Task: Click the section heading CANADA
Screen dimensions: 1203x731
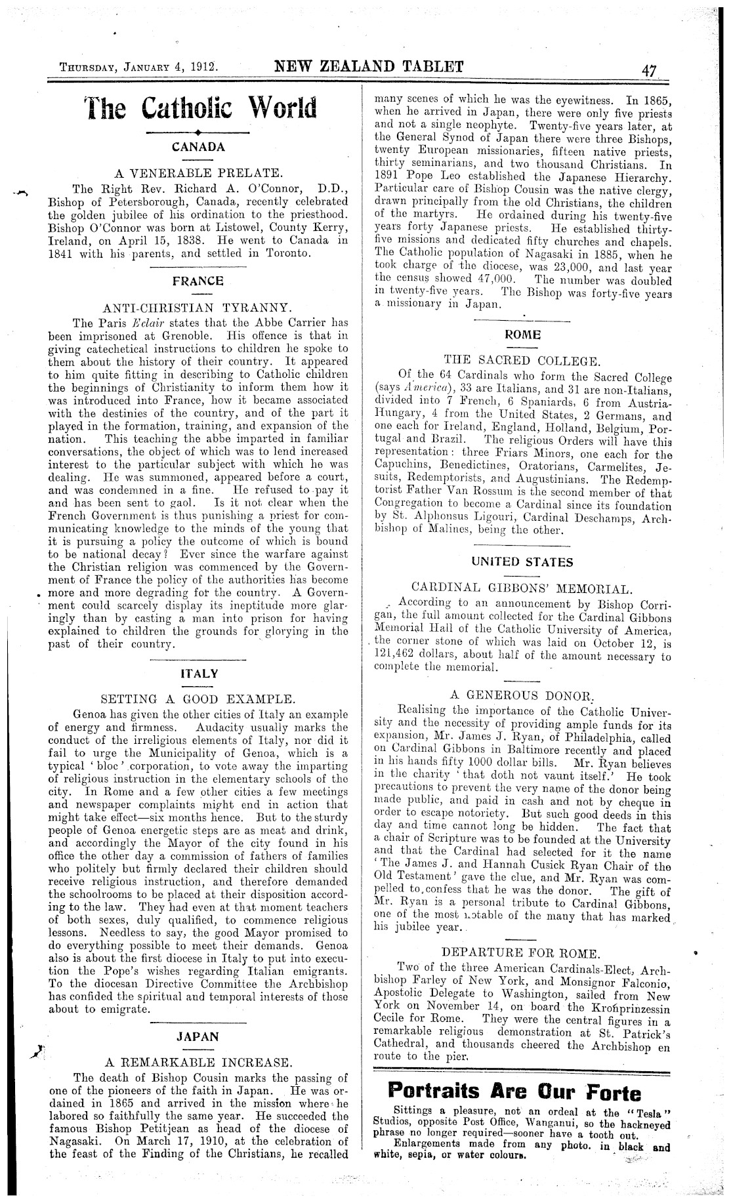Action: coord(198,147)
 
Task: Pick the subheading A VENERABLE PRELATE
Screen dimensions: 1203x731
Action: coord(199,174)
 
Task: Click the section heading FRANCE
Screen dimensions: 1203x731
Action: coord(198,281)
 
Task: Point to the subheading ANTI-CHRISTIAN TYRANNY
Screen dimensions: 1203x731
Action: coord(198,308)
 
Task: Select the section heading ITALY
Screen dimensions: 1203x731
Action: coord(198,674)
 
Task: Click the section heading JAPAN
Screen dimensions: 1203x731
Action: coord(198,1037)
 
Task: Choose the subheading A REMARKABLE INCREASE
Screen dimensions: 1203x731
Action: coord(199,1062)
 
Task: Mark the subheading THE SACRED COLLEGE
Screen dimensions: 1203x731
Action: coord(522,360)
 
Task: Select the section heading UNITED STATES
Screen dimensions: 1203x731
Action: coord(522,562)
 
